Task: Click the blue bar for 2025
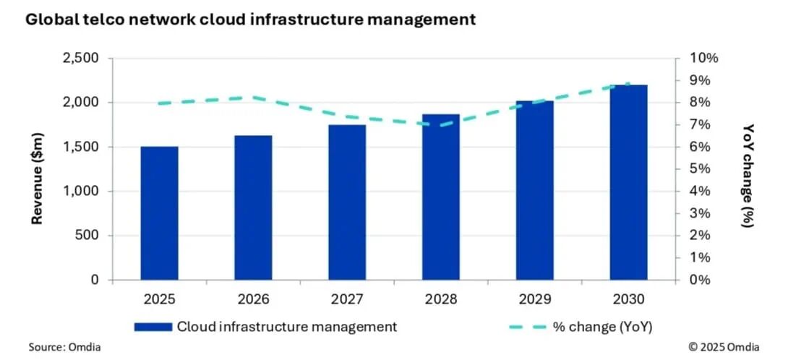click(x=159, y=213)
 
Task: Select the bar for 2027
click(x=347, y=202)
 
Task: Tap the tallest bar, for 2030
click(x=628, y=182)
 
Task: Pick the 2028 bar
click(x=441, y=197)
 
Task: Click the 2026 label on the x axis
click(x=253, y=299)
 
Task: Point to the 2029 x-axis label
click(x=534, y=299)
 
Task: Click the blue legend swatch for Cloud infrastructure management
click(x=153, y=327)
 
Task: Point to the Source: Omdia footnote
click(x=64, y=347)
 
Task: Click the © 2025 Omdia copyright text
click(x=724, y=347)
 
